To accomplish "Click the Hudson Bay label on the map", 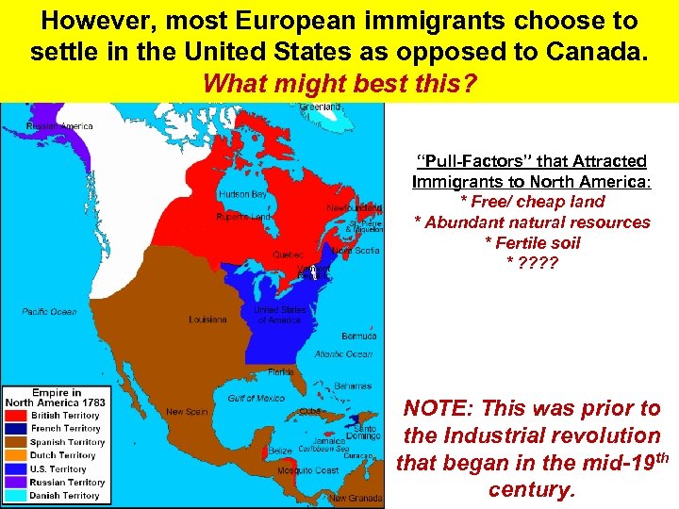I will (242, 194).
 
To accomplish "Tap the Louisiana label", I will (207, 320).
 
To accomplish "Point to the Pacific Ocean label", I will (50, 312).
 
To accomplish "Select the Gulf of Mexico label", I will (256, 399).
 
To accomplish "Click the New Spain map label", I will (187, 412).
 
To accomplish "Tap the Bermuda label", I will (359, 337).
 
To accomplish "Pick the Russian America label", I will (59, 126).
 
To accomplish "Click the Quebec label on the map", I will (288, 254).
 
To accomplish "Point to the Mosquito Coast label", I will (314, 469).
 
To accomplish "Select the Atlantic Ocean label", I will (343, 354).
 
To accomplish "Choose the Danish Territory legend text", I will (65, 496).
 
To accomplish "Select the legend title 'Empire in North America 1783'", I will (58, 398).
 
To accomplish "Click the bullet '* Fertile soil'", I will (532, 243).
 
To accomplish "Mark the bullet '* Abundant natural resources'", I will (532, 222).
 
